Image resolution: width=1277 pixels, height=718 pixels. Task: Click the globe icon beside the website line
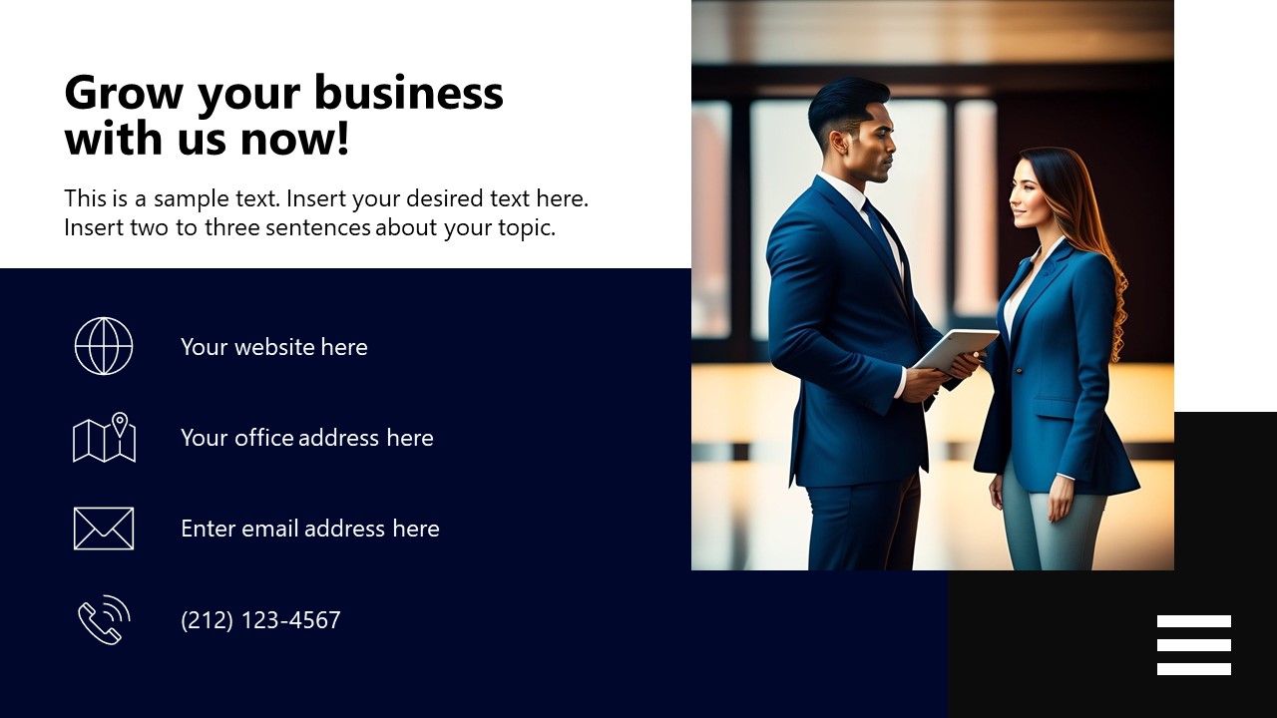[x=104, y=346]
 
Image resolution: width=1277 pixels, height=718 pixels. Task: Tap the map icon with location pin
[x=104, y=438]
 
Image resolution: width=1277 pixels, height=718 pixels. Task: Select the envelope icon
[x=104, y=529]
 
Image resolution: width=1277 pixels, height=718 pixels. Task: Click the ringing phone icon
[x=104, y=620]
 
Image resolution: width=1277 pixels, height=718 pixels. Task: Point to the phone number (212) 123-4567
[x=260, y=620]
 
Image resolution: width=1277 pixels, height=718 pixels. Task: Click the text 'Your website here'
[x=274, y=347]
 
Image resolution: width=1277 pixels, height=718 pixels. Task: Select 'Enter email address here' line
[x=310, y=529]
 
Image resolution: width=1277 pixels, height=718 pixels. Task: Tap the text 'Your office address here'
[x=307, y=438]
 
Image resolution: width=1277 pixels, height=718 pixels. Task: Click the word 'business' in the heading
[x=412, y=93]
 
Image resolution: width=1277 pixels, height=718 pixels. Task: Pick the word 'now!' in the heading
[x=295, y=139]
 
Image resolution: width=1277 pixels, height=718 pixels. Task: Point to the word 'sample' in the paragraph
[x=192, y=198]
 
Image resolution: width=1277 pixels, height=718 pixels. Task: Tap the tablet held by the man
[x=955, y=348]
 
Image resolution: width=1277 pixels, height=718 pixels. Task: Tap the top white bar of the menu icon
[x=1193, y=621]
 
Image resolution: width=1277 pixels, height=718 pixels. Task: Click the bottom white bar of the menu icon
[x=1193, y=669]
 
